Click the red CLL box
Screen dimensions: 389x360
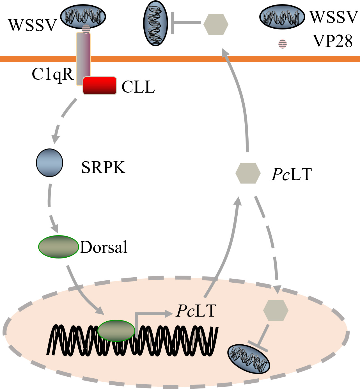tap(100, 86)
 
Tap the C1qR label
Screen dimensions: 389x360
tap(52, 74)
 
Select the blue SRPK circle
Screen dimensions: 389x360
tap(49, 163)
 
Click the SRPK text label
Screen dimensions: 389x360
tap(104, 168)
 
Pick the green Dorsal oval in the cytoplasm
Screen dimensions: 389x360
tap(58, 247)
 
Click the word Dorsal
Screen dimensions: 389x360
tap(104, 247)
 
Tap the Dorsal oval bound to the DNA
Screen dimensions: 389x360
tap(116, 330)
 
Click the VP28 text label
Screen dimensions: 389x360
tap(333, 41)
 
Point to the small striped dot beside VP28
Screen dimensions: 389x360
tap(282, 44)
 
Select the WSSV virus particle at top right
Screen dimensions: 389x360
tap(282, 17)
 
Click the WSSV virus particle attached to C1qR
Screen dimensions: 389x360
tap(83, 17)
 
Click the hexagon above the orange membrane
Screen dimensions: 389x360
tap(215, 24)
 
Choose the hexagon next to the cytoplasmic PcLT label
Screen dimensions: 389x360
tap(248, 173)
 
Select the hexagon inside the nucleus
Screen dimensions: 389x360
tap(276, 310)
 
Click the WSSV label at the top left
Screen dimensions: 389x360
tap(33, 25)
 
